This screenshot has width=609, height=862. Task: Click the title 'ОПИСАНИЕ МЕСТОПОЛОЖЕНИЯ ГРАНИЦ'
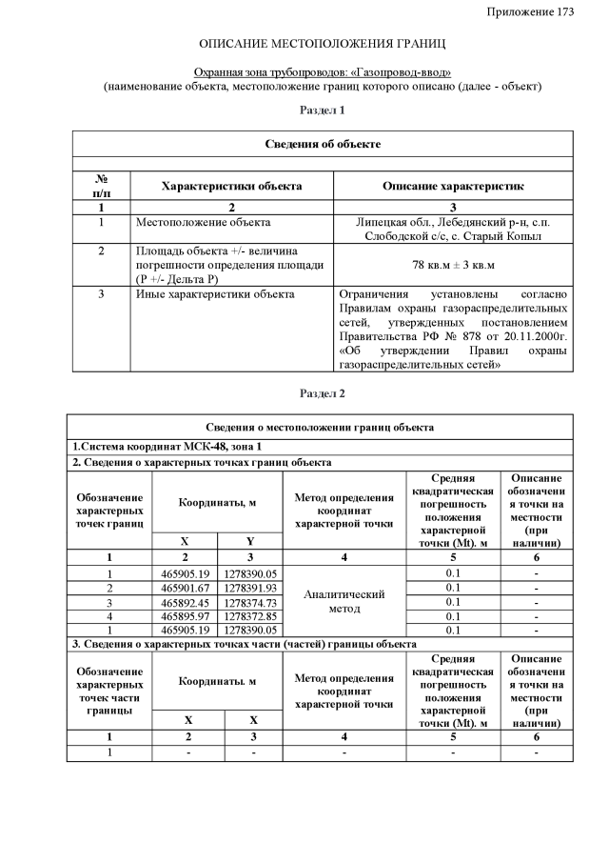click(323, 45)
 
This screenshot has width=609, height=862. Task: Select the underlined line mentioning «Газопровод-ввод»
click(323, 72)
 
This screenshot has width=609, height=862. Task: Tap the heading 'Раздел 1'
click(323, 111)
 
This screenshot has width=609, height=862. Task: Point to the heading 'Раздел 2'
click(323, 393)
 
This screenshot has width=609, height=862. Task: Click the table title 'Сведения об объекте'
click(323, 144)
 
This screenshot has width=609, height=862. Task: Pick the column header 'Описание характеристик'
click(453, 186)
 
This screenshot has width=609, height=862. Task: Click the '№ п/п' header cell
click(101, 186)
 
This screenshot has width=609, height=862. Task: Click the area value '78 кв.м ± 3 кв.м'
click(453, 264)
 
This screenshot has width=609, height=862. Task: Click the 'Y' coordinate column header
click(250, 541)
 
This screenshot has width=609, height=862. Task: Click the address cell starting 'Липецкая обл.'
click(453, 229)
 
